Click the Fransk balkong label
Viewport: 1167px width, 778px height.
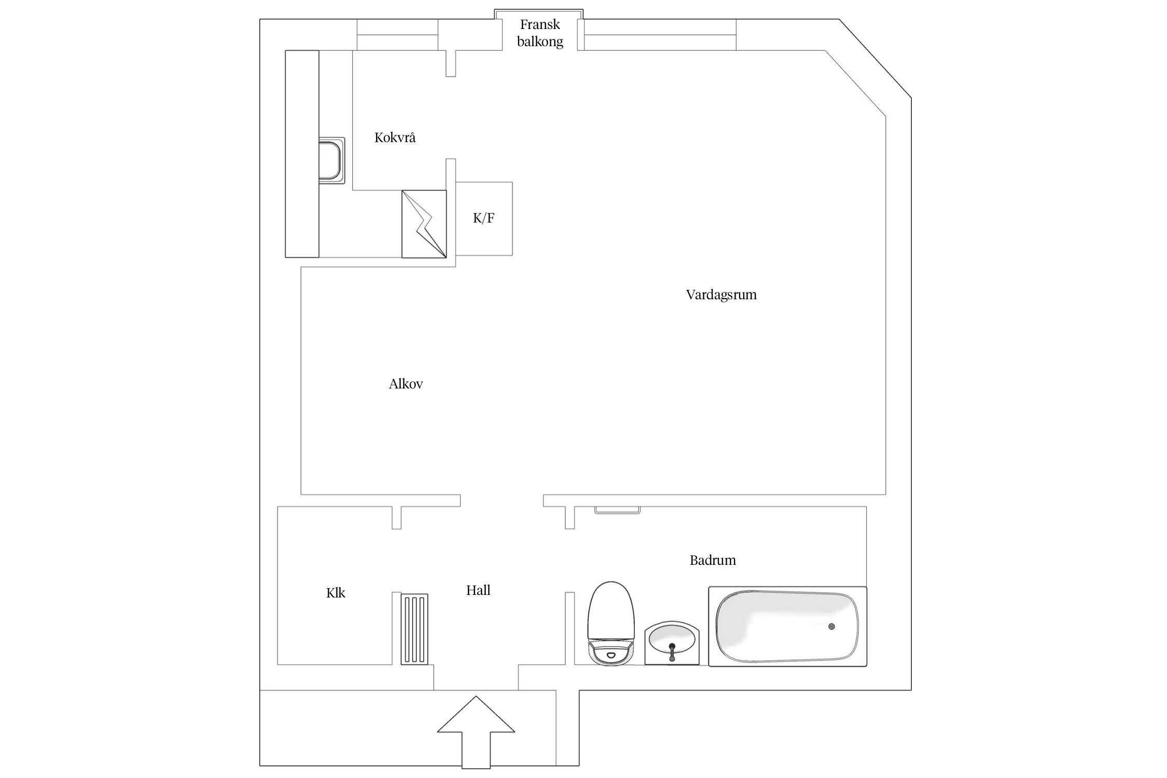tap(540, 33)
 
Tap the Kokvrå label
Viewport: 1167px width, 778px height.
tap(395, 138)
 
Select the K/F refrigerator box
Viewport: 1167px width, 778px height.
tap(483, 218)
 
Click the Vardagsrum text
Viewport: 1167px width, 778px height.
tap(721, 295)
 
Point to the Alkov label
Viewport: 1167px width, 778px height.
tap(406, 384)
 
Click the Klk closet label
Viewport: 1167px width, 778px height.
tap(336, 593)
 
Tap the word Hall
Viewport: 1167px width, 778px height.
tap(478, 590)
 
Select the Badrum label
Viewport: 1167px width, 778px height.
tap(712, 560)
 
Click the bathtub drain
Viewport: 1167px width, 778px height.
tap(832, 627)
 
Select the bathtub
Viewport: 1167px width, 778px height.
tap(787, 627)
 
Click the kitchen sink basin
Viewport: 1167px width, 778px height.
tap(330, 160)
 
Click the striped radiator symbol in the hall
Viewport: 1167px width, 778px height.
tap(414, 629)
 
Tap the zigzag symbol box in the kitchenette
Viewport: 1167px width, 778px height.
tap(424, 224)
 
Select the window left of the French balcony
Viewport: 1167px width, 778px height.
tap(397, 35)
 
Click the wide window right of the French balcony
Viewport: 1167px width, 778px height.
tap(660, 35)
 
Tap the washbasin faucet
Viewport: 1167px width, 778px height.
tap(672, 651)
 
